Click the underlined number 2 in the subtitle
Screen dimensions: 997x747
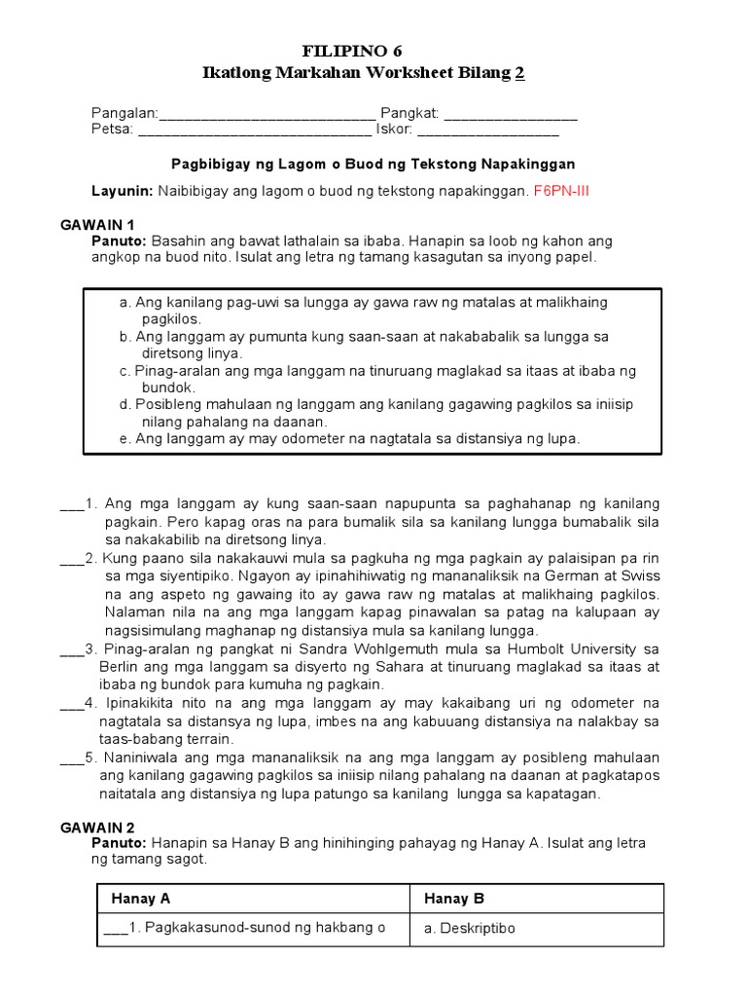click(520, 74)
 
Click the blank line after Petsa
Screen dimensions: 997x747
click(255, 130)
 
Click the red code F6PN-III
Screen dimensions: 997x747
click(561, 191)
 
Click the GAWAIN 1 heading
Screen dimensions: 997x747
click(94, 225)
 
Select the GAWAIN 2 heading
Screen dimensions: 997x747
click(94, 828)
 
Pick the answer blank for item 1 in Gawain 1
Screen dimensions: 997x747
click(72, 504)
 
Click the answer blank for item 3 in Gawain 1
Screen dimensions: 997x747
click(72, 649)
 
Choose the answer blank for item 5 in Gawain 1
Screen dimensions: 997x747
click(72, 758)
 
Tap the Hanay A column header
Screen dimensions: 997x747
click(141, 899)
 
